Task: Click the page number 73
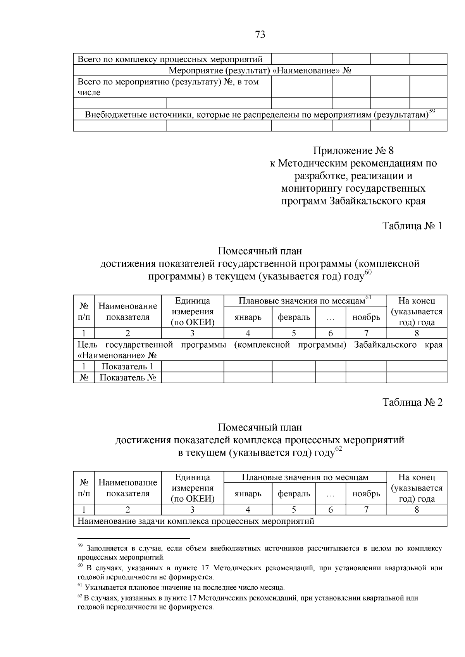click(x=260, y=35)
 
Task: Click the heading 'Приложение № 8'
click(x=353, y=150)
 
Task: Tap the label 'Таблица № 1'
click(x=412, y=226)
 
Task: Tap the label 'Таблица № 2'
click(x=412, y=402)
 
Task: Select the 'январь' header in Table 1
click(x=248, y=317)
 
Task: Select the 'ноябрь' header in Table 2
click(x=366, y=494)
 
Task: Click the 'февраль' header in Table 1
click(x=294, y=317)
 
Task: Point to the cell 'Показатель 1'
click(x=127, y=366)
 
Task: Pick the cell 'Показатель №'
click(x=127, y=377)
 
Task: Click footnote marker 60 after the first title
click(x=368, y=272)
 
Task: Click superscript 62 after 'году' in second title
click(x=338, y=449)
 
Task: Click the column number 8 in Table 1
click(x=417, y=333)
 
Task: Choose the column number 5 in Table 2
click(x=294, y=509)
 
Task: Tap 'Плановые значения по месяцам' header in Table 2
click(x=305, y=477)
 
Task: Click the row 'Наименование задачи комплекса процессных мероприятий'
click(x=196, y=521)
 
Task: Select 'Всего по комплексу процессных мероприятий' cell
click(x=170, y=59)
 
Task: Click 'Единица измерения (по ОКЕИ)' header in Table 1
click(x=192, y=311)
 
